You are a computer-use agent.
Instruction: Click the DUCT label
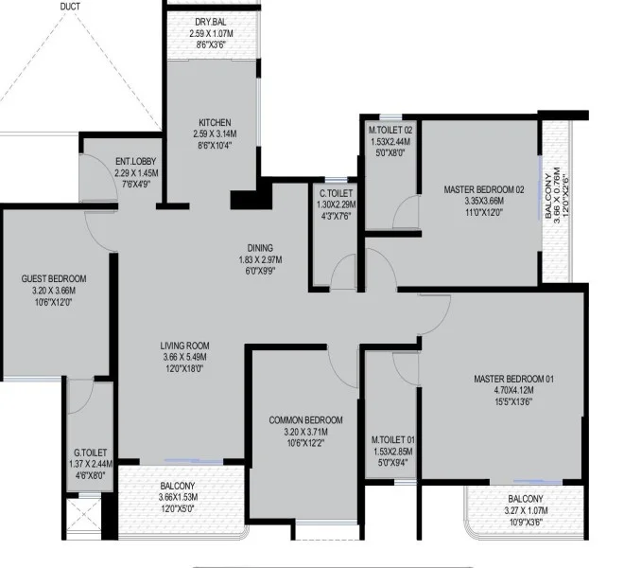70,7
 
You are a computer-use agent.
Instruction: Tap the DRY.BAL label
211,22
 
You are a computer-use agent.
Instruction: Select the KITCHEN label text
215,122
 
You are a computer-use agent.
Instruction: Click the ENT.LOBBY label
136,162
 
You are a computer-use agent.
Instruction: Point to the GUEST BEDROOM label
54,278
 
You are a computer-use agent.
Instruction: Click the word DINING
260,248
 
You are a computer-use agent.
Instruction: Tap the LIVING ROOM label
184,346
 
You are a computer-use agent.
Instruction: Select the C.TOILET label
337,193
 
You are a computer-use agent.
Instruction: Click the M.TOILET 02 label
390,130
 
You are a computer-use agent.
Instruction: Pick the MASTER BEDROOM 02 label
484,189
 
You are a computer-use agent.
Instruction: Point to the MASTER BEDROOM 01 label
513,379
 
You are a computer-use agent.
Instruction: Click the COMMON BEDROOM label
305,420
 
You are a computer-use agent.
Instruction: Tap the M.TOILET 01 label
392,440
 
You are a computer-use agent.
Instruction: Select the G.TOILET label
91,453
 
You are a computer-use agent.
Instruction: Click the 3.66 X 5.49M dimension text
184,357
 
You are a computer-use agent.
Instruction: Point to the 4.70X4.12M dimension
513,390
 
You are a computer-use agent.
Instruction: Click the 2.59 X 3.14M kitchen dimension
215,133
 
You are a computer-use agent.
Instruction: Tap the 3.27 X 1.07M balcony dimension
526,510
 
